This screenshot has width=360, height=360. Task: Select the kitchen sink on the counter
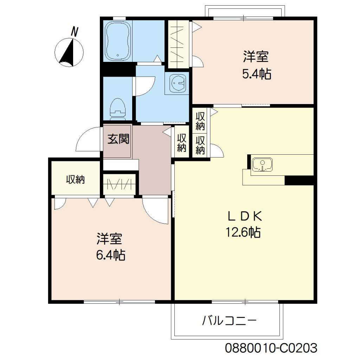pos(262,165)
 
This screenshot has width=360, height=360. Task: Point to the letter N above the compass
pos(75,32)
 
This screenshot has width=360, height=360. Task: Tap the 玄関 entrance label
pos(118,139)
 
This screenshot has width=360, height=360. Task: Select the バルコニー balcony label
pos(229,321)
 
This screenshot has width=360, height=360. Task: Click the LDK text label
pos(245,216)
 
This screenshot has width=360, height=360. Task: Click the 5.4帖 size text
pos(257,74)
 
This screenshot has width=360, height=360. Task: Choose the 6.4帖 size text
pos(111,255)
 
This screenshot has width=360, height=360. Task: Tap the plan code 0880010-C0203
pos(271,348)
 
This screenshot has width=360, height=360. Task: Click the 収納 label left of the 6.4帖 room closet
pos(76,180)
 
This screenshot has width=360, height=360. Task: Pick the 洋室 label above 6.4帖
pos(109,239)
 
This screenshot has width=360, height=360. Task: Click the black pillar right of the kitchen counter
pos(299,180)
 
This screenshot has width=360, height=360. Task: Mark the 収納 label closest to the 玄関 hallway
pos(182,143)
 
